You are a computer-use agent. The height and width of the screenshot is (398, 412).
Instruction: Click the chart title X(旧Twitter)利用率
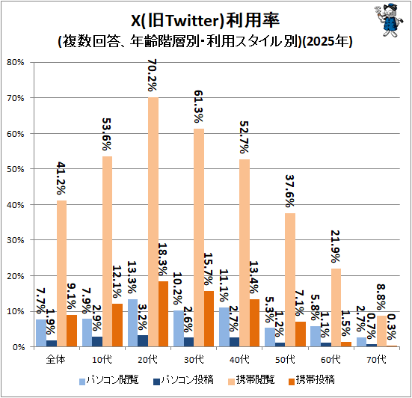click(x=205, y=20)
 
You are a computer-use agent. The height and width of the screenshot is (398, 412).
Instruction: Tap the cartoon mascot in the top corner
click(x=389, y=19)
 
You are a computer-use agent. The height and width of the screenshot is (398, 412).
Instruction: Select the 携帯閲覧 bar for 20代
click(x=153, y=222)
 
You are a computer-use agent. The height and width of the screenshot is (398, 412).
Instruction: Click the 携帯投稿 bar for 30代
click(x=209, y=319)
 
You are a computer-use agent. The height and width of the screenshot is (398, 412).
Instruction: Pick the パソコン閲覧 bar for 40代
click(x=224, y=327)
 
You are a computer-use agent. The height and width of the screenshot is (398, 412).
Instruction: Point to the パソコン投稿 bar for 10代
click(x=97, y=341)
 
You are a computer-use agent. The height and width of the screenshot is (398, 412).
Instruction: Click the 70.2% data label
click(x=153, y=75)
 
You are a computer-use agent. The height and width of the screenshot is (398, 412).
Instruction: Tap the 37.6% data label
click(x=290, y=191)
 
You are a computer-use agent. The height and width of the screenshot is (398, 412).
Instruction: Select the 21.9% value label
click(x=336, y=246)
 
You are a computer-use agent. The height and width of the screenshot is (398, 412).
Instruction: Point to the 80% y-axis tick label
click(x=15, y=62)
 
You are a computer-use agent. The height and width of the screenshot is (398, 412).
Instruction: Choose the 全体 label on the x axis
click(x=55, y=359)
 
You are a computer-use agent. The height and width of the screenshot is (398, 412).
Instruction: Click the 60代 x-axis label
click(x=330, y=359)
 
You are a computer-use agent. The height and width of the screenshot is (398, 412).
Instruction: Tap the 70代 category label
click(x=376, y=359)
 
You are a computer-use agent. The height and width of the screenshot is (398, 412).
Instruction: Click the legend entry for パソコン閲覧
click(x=109, y=380)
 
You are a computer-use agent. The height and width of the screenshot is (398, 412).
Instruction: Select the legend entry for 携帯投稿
click(x=312, y=380)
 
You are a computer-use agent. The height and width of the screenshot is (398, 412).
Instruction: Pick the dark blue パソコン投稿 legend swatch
click(x=156, y=382)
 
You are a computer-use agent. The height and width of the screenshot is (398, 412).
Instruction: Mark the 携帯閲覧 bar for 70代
click(x=381, y=331)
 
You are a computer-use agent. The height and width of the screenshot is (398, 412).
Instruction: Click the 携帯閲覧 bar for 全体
click(x=61, y=274)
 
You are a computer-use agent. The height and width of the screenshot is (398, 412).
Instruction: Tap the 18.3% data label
click(x=163, y=259)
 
